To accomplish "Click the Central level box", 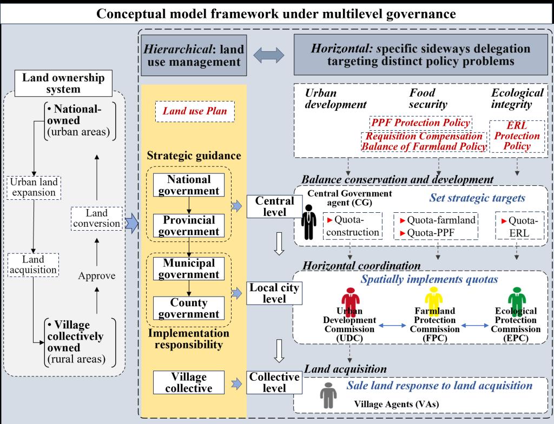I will click(274, 206).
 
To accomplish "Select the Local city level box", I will click(274, 292).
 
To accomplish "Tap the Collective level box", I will click(274, 382).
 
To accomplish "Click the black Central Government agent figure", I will click(308, 222).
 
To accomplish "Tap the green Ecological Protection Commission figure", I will click(515, 299).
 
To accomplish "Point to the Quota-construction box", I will click(353, 226).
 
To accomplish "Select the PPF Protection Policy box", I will click(420, 123).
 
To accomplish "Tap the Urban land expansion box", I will click(34, 187).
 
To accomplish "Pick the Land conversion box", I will click(96, 218).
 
